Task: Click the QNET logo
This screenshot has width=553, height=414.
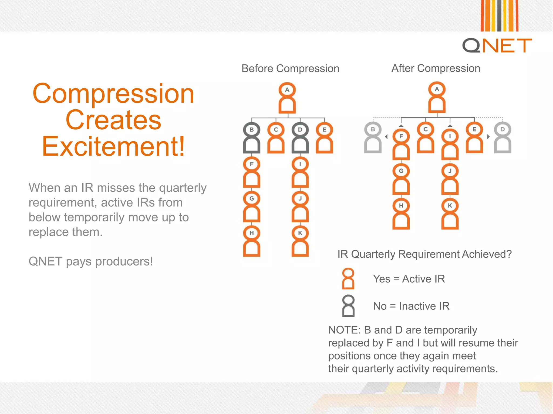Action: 497,45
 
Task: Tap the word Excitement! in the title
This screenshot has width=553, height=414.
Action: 113,146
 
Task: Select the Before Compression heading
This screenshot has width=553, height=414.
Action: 290,68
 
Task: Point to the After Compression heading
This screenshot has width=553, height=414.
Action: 436,68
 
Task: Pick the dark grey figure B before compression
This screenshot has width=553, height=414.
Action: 251,138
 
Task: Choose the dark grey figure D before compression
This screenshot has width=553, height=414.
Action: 300,138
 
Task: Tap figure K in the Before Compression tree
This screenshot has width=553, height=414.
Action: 300,241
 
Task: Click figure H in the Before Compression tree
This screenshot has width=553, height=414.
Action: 251,241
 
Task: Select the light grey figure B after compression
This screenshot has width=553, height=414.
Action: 373,137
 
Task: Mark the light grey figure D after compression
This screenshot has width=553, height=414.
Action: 503,137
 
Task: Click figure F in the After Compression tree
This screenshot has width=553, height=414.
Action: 401,144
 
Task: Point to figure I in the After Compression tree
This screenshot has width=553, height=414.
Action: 450,144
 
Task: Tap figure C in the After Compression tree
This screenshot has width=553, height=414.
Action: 426,137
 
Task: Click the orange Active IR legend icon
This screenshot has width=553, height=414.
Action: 348,279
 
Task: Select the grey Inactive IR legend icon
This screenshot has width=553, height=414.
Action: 348,306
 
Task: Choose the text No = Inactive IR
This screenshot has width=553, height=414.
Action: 411,306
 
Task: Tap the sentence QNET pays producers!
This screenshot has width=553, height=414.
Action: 91,261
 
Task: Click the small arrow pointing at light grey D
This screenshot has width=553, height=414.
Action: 488,137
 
